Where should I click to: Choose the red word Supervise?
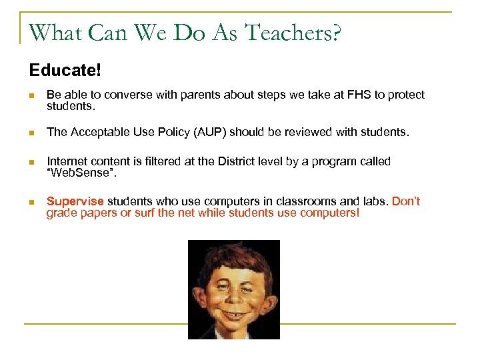(75, 201)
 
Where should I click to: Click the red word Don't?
(406, 201)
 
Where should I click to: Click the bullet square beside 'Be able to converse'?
(31, 95)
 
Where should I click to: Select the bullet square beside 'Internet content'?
(31, 162)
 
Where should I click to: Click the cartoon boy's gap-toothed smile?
(233, 314)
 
